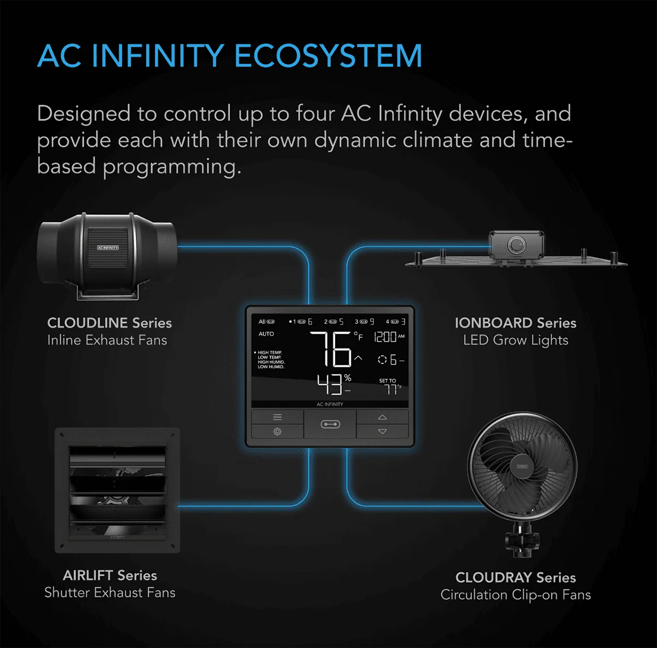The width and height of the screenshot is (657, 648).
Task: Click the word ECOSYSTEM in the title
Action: click(328, 56)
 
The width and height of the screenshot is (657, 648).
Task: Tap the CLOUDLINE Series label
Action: click(109, 323)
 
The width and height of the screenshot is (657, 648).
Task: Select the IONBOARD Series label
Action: click(515, 323)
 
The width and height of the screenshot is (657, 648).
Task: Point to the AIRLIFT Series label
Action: click(109, 575)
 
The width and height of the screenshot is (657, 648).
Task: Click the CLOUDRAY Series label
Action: click(515, 577)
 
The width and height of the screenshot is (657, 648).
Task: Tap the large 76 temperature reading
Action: click(330, 349)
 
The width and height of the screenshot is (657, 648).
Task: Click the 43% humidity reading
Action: click(333, 384)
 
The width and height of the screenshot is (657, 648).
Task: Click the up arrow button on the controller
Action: click(382, 418)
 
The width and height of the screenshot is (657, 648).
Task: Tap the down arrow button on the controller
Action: click(382, 431)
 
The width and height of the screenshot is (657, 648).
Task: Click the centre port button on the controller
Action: click(330, 424)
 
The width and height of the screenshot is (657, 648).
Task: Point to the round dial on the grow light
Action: click(516, 245)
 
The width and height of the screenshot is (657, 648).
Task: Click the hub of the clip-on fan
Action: click(521, 466)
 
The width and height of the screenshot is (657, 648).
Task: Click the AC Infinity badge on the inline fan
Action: click(108, 248)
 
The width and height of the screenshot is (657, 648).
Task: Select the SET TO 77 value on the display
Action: click(389, 387)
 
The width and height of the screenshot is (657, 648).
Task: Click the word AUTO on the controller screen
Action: click(266, 334)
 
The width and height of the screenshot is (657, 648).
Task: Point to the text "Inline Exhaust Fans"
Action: click(107, 340)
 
